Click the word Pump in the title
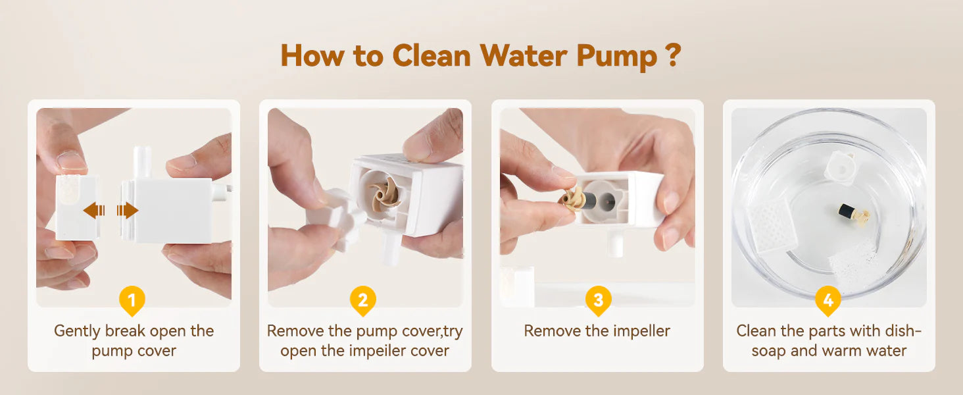[616, 57]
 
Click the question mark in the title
[675, 55]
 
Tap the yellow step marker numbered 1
[132, 300]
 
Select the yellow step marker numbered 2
[363, 300]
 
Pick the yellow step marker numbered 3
[598, 300]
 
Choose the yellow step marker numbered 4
[828, 300]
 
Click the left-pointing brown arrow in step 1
[94, 211]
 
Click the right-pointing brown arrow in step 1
[128, 211]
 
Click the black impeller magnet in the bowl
[846, 211]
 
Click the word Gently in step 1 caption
[77, 331]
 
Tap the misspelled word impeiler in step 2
[377, 351]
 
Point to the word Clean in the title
[432, 56]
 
